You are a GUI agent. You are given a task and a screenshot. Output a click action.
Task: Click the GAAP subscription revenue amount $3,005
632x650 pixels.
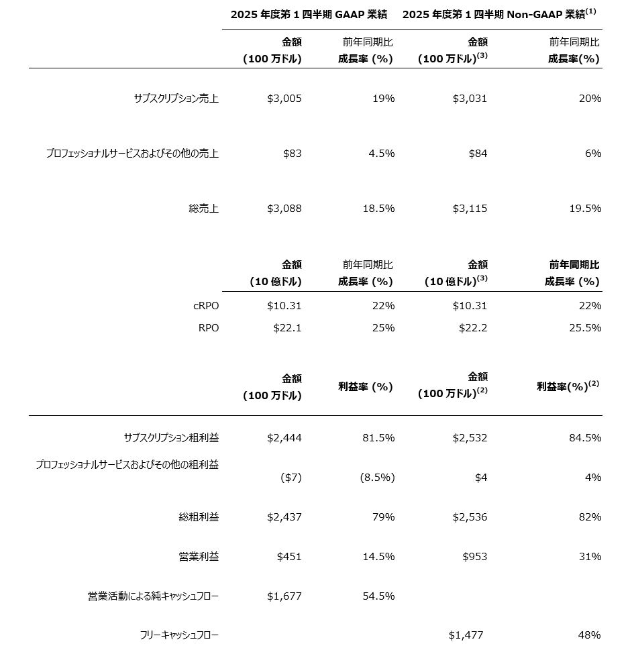click(284, 99)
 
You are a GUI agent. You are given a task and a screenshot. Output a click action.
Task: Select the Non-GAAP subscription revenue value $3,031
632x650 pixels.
click(470, 99)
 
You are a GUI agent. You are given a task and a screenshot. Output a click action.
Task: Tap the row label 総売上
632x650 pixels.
click(204, 209)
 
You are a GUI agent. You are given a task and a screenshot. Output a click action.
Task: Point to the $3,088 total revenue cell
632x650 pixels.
click(284, 209)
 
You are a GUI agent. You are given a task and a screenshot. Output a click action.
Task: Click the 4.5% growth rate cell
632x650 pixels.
click(380, 154)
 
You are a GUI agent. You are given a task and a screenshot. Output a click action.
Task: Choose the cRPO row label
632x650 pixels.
click(205, 306)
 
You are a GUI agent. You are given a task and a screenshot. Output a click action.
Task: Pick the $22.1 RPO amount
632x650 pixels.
click(287, 328)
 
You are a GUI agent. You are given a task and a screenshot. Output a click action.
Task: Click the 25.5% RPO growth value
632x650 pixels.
click(584, 328)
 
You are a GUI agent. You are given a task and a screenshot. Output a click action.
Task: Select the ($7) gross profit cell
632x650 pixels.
click(291, 478)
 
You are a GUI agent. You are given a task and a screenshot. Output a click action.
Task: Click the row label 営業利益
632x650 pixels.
click(199, 557)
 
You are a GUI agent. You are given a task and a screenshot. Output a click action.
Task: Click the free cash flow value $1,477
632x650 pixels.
click(466, 635)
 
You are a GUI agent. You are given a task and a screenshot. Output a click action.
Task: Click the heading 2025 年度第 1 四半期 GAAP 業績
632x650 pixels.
click(309, 14)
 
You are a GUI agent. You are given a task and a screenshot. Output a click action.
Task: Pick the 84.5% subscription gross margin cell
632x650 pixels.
click(584, 438)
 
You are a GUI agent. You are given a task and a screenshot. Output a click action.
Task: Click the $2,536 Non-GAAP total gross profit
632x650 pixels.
click(470, 517)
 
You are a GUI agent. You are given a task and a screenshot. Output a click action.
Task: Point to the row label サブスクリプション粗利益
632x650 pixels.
click(171, 438)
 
